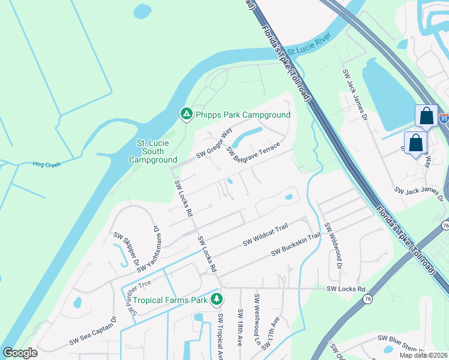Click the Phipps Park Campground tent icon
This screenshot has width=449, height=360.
coord(186,113)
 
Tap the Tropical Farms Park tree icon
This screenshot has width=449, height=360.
coord(216,299)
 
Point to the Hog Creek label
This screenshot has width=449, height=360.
coord(47,164)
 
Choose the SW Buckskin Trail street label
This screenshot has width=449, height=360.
coord(296,245)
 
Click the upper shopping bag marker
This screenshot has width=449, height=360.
coord(427,115)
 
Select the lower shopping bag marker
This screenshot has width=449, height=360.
coord(415,143)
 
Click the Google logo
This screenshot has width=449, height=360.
coord(20,352)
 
